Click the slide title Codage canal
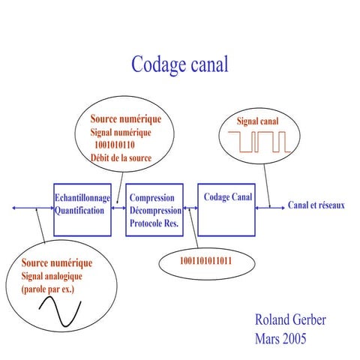point(179,64)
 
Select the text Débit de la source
point(121,158)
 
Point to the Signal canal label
point(257,121)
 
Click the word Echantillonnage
point(82,198)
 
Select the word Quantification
point(79,211)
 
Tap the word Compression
point(152,198)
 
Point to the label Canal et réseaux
point(316,205)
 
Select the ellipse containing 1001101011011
point(205,262)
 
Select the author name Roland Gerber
point(290,320)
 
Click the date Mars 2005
point(280,339)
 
